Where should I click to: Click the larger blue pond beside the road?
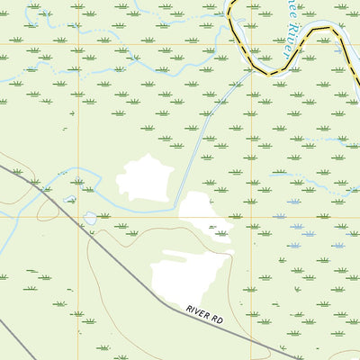click(x=90, y=218)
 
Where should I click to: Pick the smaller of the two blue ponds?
click(x=69, y=200)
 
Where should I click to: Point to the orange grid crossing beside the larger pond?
click(x=78, y=217)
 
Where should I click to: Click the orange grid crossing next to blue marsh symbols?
click(x=251, y=217)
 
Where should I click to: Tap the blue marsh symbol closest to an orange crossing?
click(x=280, y=217)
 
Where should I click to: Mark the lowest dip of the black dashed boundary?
click(x=266, y=72)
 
